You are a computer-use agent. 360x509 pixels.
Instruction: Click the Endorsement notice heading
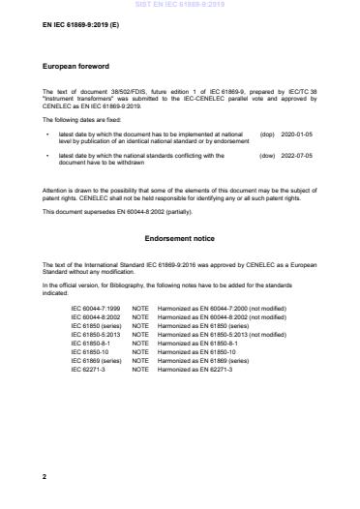[x=179, y=237]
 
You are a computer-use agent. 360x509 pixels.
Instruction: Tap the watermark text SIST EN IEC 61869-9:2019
[x=181, y=5]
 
